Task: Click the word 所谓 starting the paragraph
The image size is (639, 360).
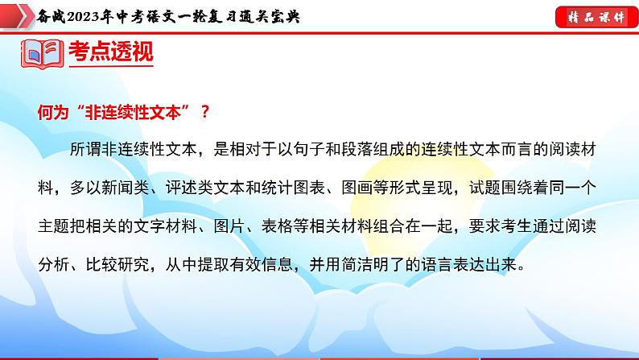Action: click(85, 151)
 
